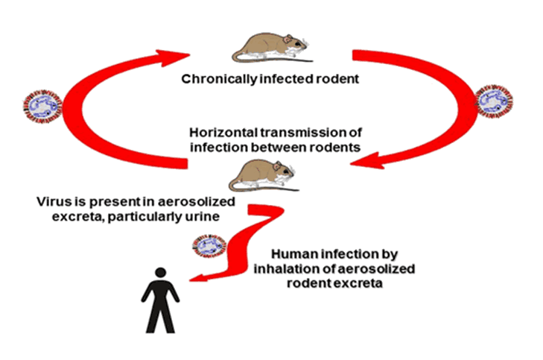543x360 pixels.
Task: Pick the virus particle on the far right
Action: pyautogui.click(x=495, y=104)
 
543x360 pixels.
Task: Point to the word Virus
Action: pyautogui.click(x=52, y=202)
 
